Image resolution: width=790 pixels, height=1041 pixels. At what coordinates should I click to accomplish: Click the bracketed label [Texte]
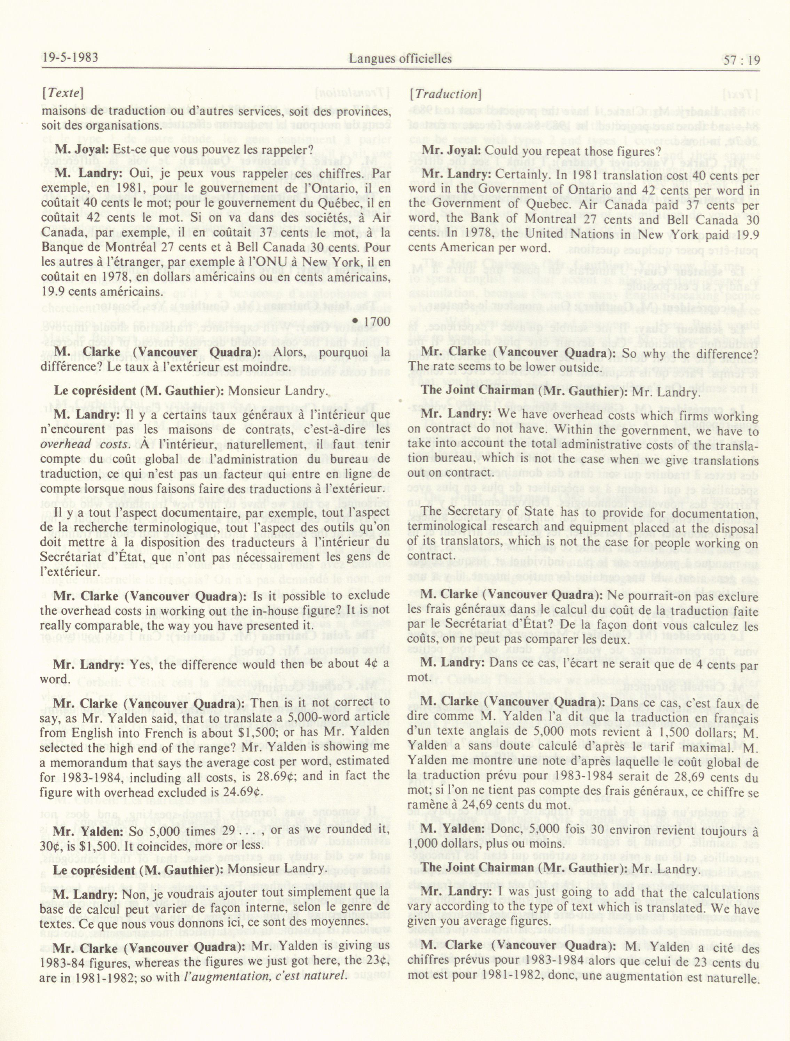pyautogui.click(x=63, y=93)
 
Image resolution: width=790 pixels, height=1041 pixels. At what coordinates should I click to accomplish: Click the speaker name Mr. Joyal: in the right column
pyautogui.click(x=451, y=151)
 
